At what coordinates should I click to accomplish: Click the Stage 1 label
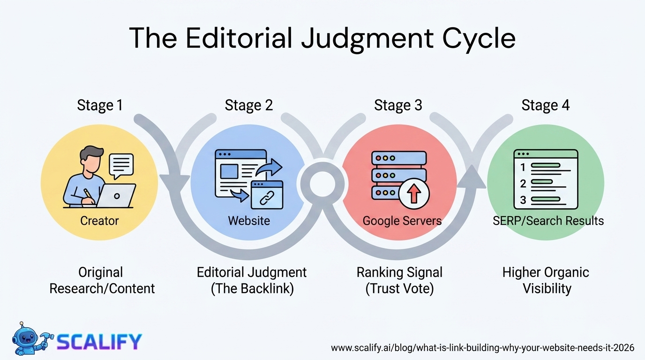point(99,105)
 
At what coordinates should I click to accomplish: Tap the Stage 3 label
point(398,105)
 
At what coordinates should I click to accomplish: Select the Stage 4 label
point(546,105)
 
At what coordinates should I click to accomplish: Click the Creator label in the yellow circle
point(99,220)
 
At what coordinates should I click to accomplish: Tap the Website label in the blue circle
point(249,220)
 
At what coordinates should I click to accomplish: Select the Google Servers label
point(402,220)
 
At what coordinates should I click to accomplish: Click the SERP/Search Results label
point(548,220)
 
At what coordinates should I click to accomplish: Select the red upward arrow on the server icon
point(413,194)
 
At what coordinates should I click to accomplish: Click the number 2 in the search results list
point(523,183)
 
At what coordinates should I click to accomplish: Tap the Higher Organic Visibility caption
point(546,280)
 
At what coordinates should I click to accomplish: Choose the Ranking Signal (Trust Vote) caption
point(399,280)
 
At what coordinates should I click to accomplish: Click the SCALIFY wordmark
point(99,342)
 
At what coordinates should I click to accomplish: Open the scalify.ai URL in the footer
point(482,348)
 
